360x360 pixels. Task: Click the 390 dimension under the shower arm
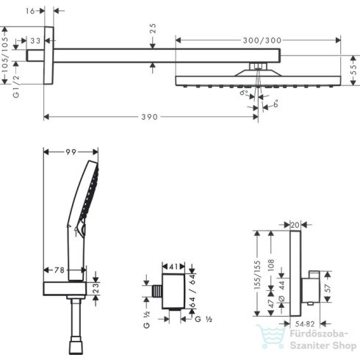click(x=152, y=117)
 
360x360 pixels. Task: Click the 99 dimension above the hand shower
click(x=71, y=151)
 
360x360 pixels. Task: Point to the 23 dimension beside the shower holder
click(x=105, y=287)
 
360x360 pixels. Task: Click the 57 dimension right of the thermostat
click(x=331, y=286)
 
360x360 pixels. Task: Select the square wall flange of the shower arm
click(x=49, y=56)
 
